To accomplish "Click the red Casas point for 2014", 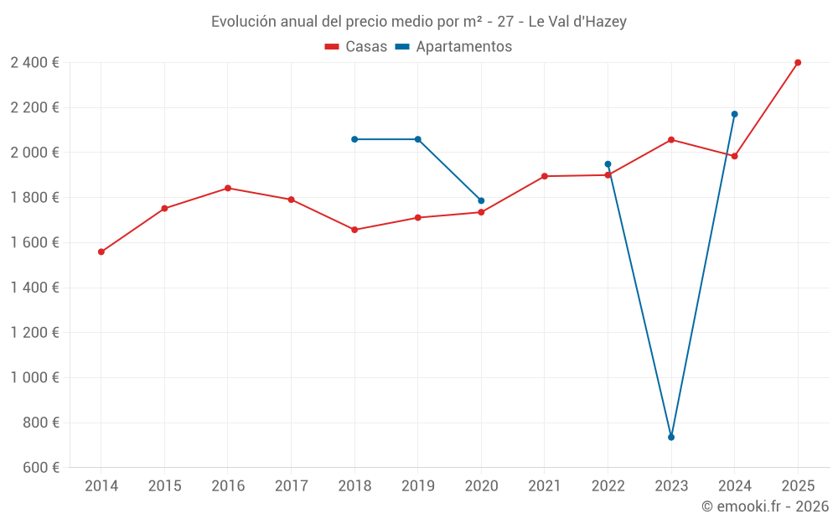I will [101, 252].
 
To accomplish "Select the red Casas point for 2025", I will [798, 62].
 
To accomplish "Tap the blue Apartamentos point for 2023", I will [671, 437].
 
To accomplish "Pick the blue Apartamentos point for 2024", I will [734, 114].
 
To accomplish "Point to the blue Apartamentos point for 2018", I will [354, 139].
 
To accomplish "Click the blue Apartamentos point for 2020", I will [481, 200].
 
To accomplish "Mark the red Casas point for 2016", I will [228, 188].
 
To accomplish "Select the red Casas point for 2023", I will [671, 139].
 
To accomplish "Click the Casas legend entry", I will [356, 47].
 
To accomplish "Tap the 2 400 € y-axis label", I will [34, 62].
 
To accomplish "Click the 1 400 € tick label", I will [34, 288].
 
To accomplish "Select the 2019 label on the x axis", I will [417, 485].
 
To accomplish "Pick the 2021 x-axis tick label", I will [545, 485].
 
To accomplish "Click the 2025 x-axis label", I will [798, 485].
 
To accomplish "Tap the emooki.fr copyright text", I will [764, 506].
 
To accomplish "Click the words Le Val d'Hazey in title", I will [577, 22].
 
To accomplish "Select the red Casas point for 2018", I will [354, 230].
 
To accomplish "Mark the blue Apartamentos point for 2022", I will [608, 164].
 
